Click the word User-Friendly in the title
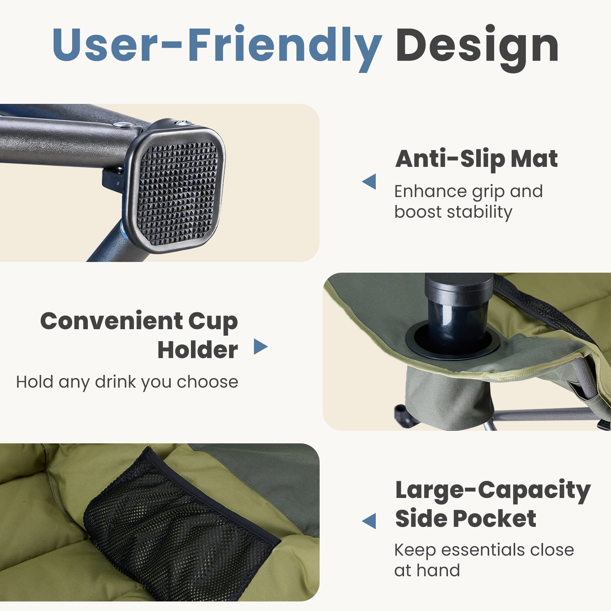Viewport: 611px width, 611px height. (x=217, y=46)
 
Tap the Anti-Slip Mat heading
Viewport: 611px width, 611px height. (x=477, y=159)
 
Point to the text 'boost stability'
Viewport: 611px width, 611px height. (x=453, y=212)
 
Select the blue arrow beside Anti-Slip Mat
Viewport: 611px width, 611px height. (x=369, y=181)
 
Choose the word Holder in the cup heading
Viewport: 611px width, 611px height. (x=197, y=350)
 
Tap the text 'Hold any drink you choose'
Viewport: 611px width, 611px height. (x=127, y=382)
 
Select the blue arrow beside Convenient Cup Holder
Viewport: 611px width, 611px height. (x=260, y=347)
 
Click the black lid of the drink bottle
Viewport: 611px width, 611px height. (x=459, y=288)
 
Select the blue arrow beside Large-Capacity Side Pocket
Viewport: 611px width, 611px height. (x=369, y=521)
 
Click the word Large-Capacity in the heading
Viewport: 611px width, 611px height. (x=493, y=491)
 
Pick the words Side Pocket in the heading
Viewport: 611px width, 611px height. (x=466, y=519)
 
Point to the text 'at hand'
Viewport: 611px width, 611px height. (x=427, y=571)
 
